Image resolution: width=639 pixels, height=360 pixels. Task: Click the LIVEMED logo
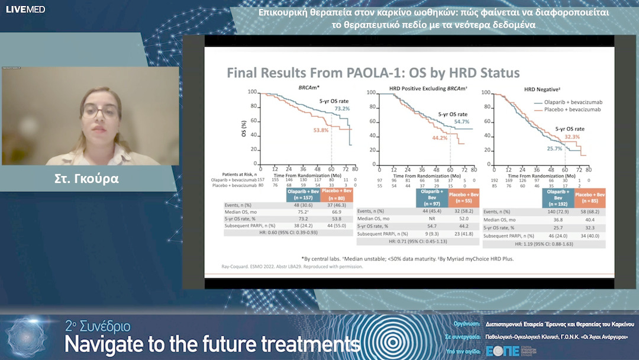25,9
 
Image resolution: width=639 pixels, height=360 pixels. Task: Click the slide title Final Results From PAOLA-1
373,73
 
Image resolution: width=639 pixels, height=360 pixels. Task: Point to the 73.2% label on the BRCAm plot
342,109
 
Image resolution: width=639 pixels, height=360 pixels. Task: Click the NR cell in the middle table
431,218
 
